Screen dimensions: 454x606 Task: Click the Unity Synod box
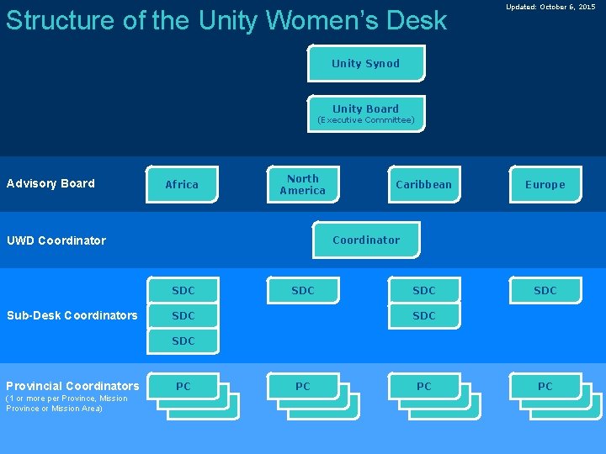point(365,64)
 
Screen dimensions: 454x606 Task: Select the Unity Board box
point(365,109)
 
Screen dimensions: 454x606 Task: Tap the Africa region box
point(182,185)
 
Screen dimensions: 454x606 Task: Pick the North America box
point(302,184)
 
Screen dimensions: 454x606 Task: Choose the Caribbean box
point(423,185)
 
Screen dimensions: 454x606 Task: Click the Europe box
point(545,185)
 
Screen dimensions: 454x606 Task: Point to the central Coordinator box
point(365,240)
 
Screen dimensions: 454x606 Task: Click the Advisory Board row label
point(50,183)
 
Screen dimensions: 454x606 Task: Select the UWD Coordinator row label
point(56,240)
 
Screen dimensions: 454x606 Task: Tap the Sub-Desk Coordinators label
point(72,315)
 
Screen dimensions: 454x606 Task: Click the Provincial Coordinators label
point(72,386)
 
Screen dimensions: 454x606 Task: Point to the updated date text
point(550,7)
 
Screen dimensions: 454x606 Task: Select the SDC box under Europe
point(545,291)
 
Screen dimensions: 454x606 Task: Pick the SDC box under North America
point(302,291)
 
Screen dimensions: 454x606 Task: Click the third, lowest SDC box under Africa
point(183,341)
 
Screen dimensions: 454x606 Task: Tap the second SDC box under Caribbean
point(423,316)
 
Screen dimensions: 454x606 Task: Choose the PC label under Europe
point(545,387)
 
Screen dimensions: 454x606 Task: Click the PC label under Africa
point(183,387)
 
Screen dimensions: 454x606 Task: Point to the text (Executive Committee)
point(365,120)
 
